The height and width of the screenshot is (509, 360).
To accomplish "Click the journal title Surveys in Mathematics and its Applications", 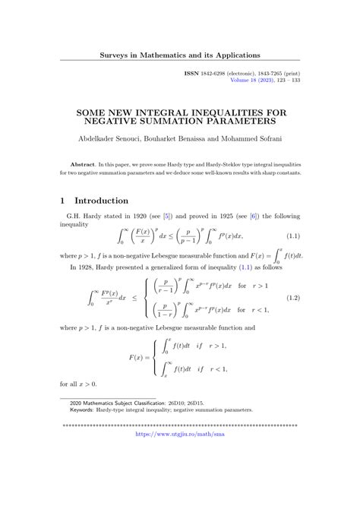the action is click(x=181, y=55).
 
